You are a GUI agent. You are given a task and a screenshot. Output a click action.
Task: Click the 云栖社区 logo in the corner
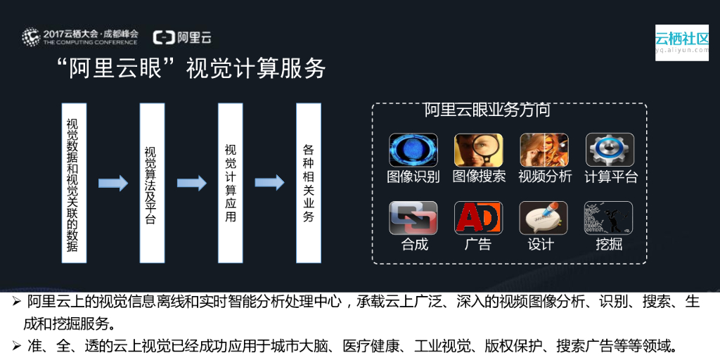pos(681,41)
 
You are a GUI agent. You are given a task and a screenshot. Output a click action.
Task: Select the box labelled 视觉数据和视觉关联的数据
pos(74,183)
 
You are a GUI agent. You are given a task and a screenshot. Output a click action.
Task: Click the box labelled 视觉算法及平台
pos(152,183)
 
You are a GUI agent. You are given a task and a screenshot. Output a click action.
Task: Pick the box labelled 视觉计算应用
pos(230,183)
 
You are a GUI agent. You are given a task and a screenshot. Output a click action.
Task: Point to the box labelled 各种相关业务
pos(309,183)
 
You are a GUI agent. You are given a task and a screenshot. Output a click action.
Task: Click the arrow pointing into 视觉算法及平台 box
pos(112,184)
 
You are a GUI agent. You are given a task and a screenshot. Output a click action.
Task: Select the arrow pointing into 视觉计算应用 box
pos(191,184)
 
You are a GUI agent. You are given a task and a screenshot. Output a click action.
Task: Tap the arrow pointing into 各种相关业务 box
pos(269,184)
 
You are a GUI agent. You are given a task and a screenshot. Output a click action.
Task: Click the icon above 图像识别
pos(413,150)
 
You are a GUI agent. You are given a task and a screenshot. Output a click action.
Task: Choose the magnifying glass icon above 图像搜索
pos(479,150)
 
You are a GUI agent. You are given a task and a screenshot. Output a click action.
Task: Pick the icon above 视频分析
pos(544,150)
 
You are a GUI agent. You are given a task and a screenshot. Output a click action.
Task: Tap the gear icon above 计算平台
pos(610,150)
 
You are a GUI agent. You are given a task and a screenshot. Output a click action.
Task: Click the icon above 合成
pos(413,218)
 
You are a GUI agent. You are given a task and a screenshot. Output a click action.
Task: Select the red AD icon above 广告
pos(479,218)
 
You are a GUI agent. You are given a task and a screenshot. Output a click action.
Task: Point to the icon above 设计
pos(544,218)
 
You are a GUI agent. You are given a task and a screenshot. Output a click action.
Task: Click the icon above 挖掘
pos(608,218)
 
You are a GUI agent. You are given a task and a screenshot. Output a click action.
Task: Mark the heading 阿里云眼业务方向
pos(487,110)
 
